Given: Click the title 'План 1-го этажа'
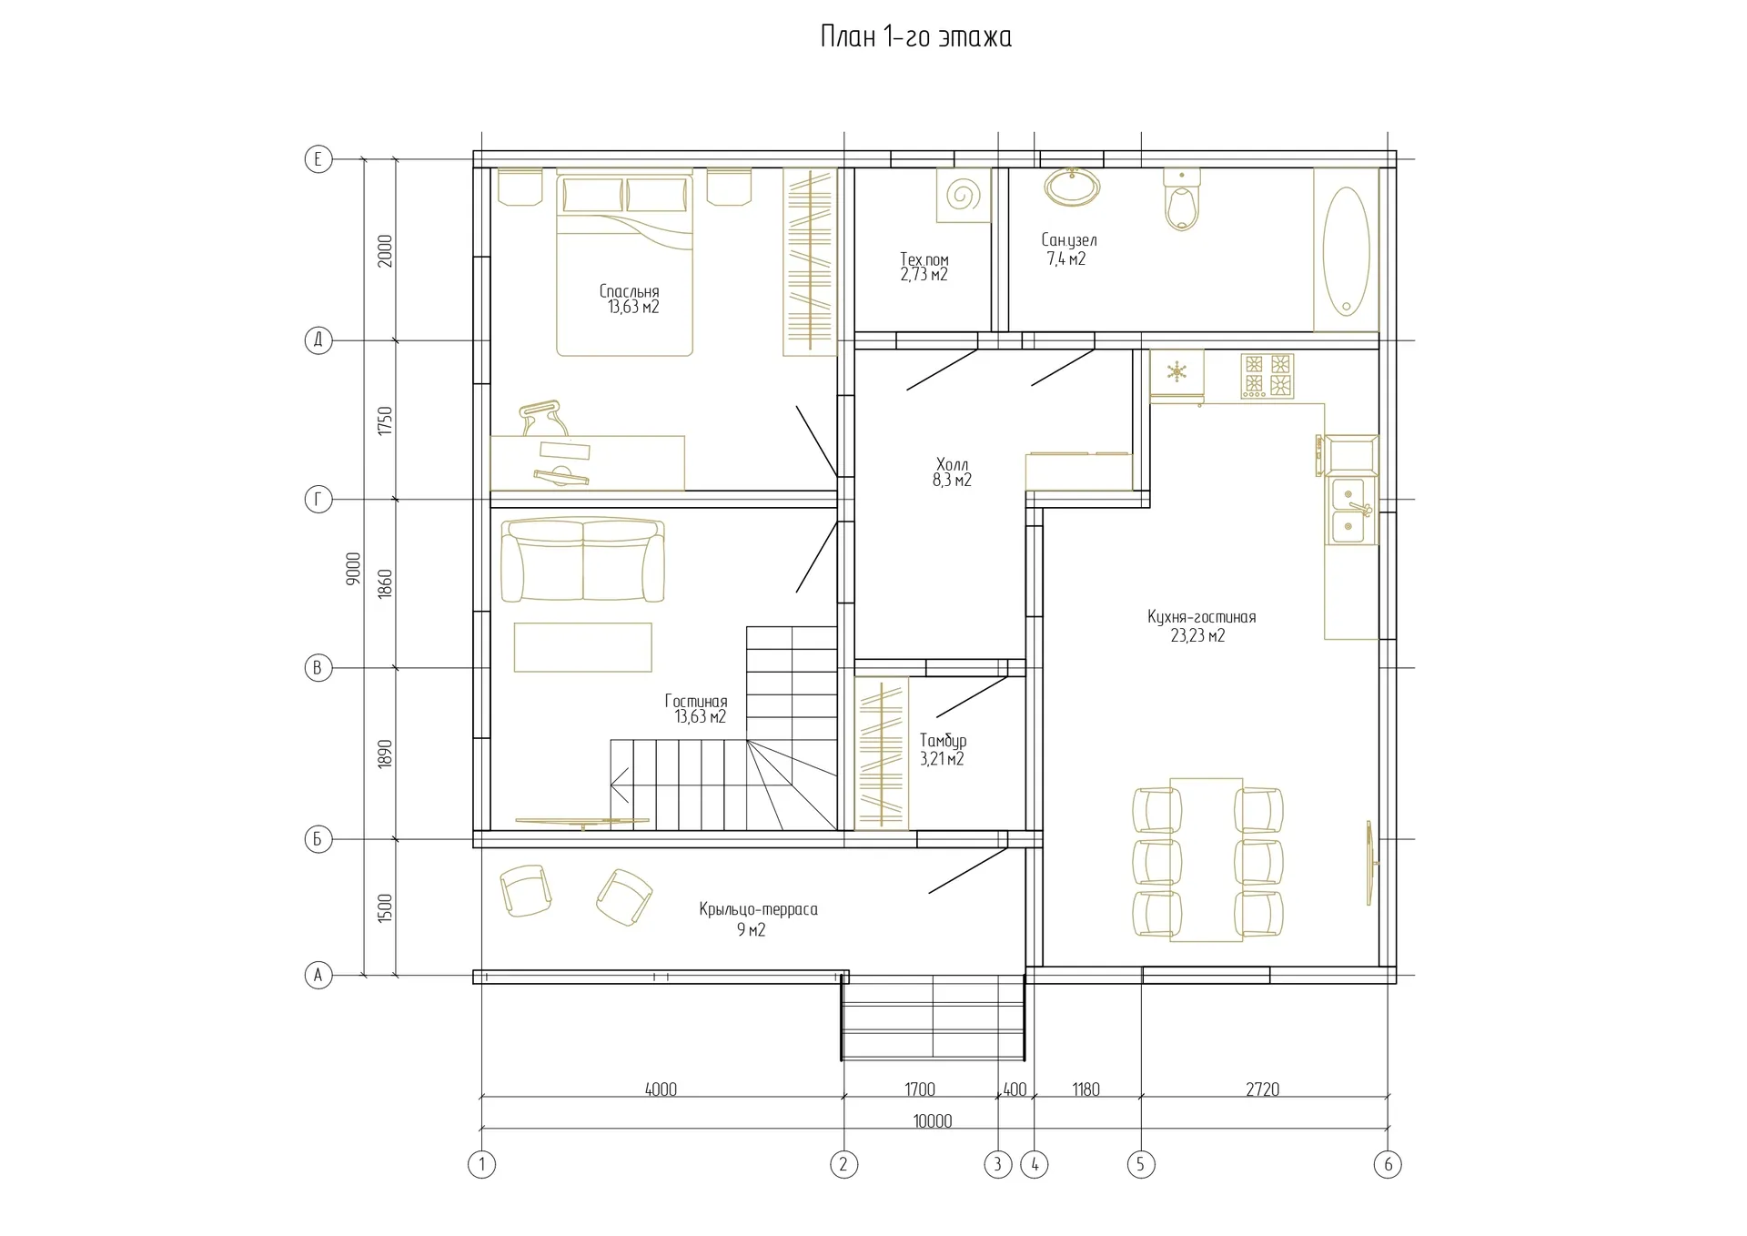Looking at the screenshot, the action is (915, 37).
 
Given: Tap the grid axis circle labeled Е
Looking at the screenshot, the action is (318, 159).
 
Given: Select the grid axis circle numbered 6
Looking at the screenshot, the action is (1388, 1163).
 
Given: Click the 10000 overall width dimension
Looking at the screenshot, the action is (933, 1121).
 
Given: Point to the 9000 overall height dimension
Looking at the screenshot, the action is (354, 568).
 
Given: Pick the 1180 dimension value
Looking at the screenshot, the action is (1086, 1089).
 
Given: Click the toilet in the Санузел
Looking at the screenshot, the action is (1181, 200).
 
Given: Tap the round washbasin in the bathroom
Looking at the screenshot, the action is (1073, 187).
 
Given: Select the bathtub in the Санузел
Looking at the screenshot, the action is (1346, 249).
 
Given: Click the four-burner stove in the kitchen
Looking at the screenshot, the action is (1267, 376).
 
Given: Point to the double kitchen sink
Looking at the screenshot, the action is (1351, 511).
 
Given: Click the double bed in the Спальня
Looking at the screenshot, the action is (624, 263).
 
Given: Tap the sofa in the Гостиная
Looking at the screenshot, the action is (582, 560).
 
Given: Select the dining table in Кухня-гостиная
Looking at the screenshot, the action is (1207, 859).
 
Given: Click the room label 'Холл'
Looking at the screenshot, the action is (952, 464).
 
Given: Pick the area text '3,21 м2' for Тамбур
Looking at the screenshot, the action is (942, 759).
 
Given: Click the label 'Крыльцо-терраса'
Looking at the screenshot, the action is (758, 909).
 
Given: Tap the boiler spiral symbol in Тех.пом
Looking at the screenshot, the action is (963, 195).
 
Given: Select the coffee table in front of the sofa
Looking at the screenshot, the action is (582, 646).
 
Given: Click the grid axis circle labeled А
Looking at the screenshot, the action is (318, 975).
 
